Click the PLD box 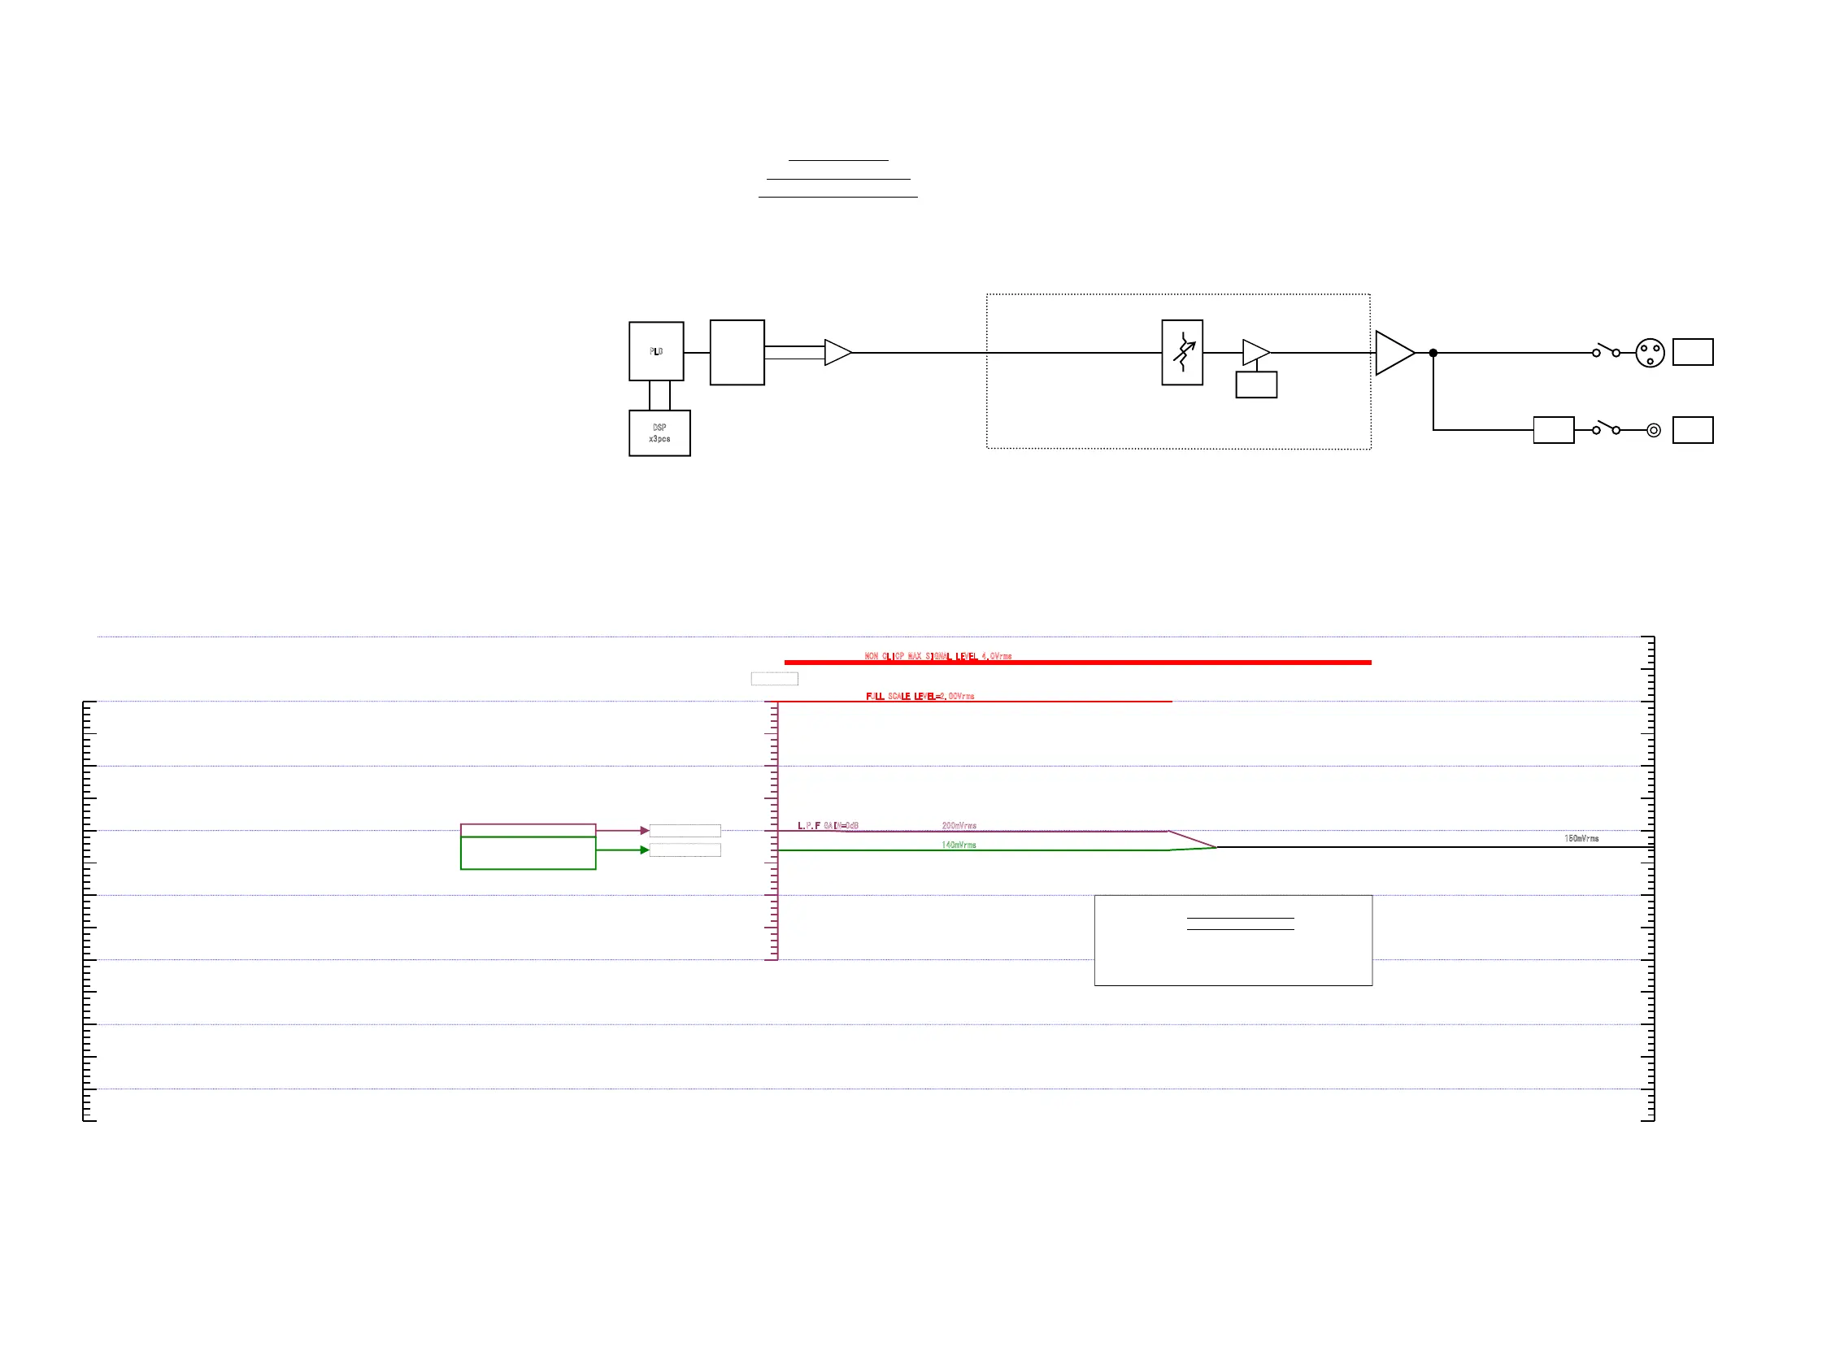[655, 351]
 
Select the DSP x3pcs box [659, 432]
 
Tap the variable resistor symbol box [1182, 352]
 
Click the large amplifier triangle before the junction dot [1392, 353]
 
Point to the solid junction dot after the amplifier [1433, 353]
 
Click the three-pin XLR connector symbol [1649, 353]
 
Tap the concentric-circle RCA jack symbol [1653, 430]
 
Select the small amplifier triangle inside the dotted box [1254, 352]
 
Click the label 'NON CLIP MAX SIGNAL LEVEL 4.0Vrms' [937, 656]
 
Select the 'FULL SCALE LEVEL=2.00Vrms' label [919, 696]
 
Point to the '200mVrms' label [958, 825]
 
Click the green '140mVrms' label [958, 845]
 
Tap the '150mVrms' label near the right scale [1581, 839]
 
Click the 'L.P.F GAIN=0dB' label [827, 825]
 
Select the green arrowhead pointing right [644, 850]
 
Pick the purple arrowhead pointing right [644, 830]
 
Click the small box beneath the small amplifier [1255, 385]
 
